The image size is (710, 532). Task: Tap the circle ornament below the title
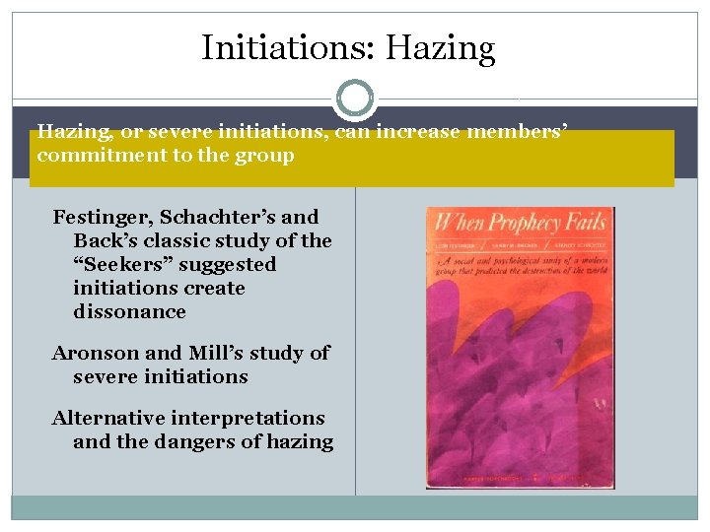pyautogui.click(x=355, y=99)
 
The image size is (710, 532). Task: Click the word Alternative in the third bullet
pyautogui.click(x=108, y=418)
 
